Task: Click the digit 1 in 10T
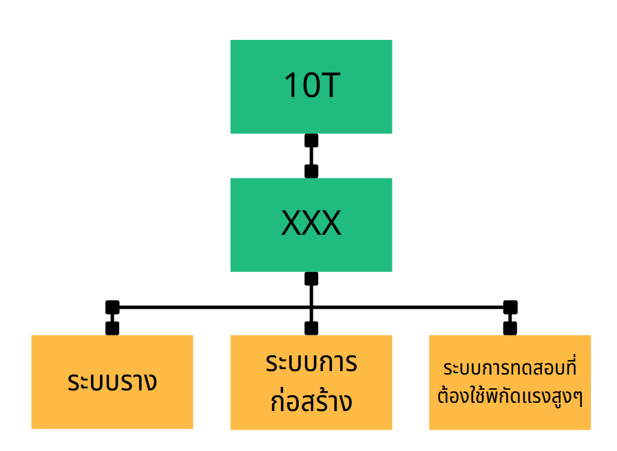click(x=291, y=86)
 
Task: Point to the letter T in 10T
click(x=329, y=86)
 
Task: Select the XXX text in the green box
click(x=311, y=224)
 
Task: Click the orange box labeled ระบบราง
click(x=112, y=382)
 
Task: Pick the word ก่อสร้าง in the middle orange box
click(x=311, y=401)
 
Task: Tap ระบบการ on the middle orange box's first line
click(x=311, y=363)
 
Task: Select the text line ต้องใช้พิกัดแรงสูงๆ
click(x=510, y=398)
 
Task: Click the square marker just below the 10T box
click(x=311, y=140)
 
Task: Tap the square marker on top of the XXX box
click(x=311, y=171)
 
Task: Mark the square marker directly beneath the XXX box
click(x=311, y=279)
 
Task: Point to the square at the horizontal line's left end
click(x=112, y=307)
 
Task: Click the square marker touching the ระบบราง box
click(x=112, y=328)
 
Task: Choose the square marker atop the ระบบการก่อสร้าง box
click(x=311, y=328)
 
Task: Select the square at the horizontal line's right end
click(x=510, y=307)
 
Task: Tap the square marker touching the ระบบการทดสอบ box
click(x=510, y=328)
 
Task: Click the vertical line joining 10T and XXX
click(x=311, y=156)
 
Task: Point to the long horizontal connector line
click(x=207, y=307)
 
